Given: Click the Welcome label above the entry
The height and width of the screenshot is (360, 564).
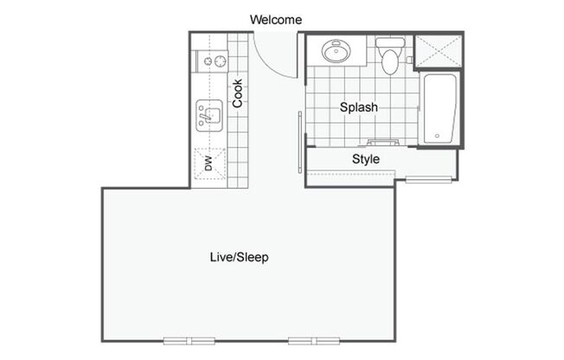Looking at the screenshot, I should tap(276, 19).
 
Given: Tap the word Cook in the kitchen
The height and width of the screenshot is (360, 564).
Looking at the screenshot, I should tap(237, 94).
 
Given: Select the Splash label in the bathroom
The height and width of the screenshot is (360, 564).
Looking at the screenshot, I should tap(357, 108).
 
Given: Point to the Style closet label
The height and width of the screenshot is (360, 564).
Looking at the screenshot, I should tap(366, 159).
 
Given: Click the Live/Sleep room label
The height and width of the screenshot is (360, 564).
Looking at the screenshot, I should tap(239, 257).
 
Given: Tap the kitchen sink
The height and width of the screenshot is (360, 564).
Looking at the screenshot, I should tap(208, 114).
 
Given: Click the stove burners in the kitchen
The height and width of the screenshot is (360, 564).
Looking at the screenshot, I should tap(208, 61).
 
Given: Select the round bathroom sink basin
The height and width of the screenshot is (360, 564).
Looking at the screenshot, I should tap(336, 52).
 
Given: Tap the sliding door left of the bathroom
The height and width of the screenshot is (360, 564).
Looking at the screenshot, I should tap(301, 140).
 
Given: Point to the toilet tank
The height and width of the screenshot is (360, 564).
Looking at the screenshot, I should tap(390, 42).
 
